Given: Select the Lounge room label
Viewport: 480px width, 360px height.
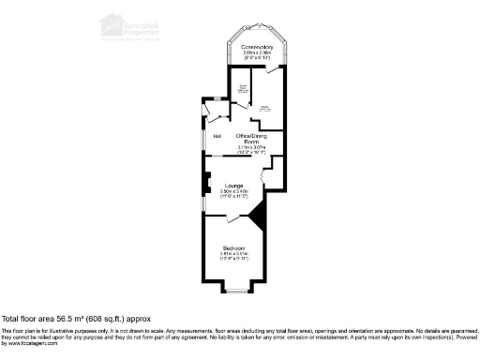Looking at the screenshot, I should click(233, 187).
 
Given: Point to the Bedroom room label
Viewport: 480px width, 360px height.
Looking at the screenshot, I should click(232, 247).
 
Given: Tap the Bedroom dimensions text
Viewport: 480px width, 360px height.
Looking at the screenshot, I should click(232, 256).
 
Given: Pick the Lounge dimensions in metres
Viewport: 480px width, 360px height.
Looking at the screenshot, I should click(233, 192).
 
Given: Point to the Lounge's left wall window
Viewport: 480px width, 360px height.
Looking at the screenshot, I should click(203, 202).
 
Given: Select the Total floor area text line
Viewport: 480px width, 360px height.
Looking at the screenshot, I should click(76, 320).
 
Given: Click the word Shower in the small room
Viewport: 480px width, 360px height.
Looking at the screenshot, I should click(241, 87).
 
